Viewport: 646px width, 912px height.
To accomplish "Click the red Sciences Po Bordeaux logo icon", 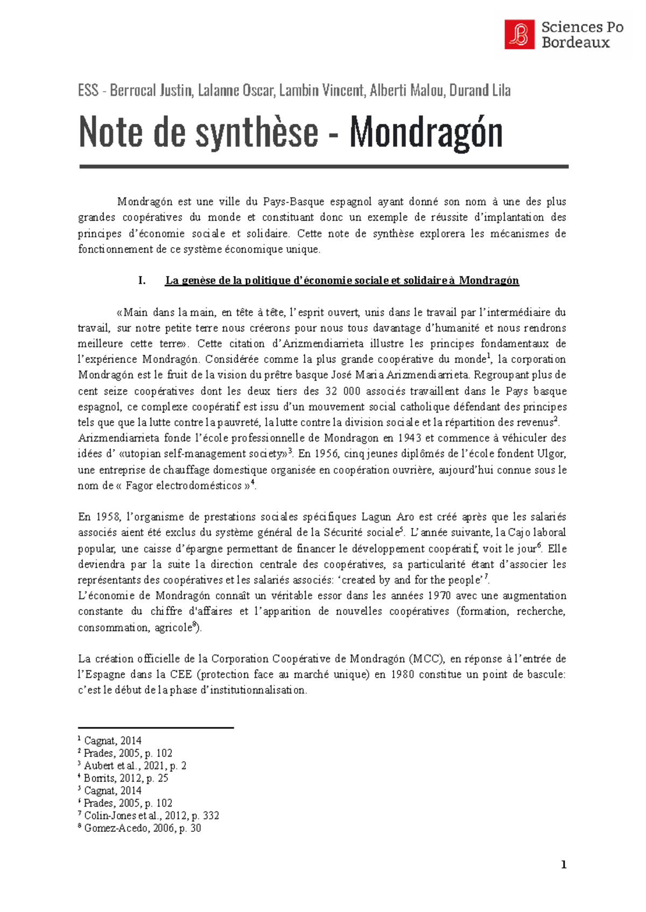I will click(519, 34).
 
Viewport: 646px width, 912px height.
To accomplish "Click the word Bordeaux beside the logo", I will click(575, 43).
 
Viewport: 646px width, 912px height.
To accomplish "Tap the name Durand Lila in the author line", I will click(480, 90).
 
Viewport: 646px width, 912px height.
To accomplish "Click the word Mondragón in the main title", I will click(426, 132).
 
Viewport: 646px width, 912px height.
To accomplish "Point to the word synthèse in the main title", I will click(257, 132).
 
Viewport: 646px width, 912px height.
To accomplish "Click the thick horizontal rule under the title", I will click(324, 167).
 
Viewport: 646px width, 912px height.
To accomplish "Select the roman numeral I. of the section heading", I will click(142, 280).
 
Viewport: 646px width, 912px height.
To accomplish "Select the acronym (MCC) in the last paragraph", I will click(427, 659).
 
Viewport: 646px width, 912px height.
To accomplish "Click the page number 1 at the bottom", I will click(564, 865).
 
